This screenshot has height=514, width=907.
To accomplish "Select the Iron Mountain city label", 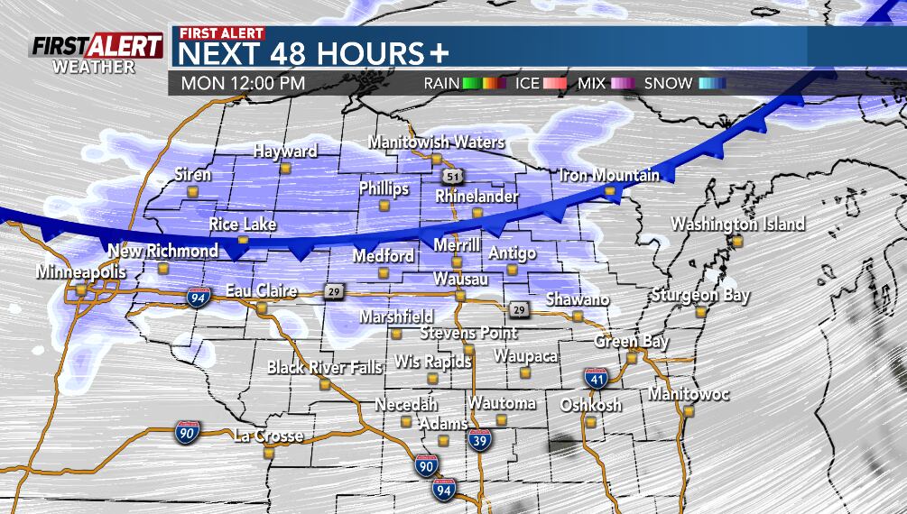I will click(x=609, y=175).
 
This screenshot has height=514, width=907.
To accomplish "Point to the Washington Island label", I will click(x=737, y=225).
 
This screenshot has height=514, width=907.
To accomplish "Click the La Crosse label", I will click(x=268, y=436).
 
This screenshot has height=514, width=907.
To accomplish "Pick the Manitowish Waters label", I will click(x=436, y=142).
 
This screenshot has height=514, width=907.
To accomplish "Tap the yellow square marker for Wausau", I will click(x=459, y=296).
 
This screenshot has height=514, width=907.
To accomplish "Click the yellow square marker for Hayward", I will click(x=285, y=168).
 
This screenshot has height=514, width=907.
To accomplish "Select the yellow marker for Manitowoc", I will click(x=689, y=411).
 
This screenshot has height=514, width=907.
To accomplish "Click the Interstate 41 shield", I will click(x=595, y=379).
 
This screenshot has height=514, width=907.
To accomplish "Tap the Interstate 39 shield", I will click(x=480, y=441).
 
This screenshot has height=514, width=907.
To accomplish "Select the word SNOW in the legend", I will click(x=668, y=83).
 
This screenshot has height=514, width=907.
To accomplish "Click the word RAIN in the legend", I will click(x=442, y=83).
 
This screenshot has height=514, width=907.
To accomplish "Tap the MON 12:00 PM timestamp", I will click(x=243, y=83).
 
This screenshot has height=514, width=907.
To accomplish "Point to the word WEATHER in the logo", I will click(x=93, y=67).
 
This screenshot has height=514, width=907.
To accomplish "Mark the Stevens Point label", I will click(x=468, y=333).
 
